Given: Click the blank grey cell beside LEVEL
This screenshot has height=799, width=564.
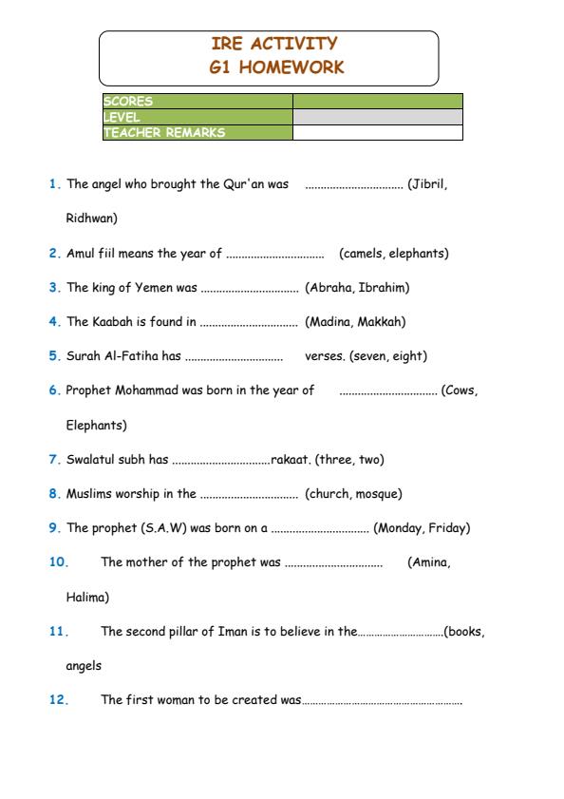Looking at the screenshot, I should [377, 117].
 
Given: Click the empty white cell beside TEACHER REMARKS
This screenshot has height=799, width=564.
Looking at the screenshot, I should [377, 133].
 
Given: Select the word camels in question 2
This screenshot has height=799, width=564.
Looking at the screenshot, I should [363, 254].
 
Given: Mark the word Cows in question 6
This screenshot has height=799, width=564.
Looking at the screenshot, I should [461, 390].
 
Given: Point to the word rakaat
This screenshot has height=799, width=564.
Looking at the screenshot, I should [290, 460].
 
